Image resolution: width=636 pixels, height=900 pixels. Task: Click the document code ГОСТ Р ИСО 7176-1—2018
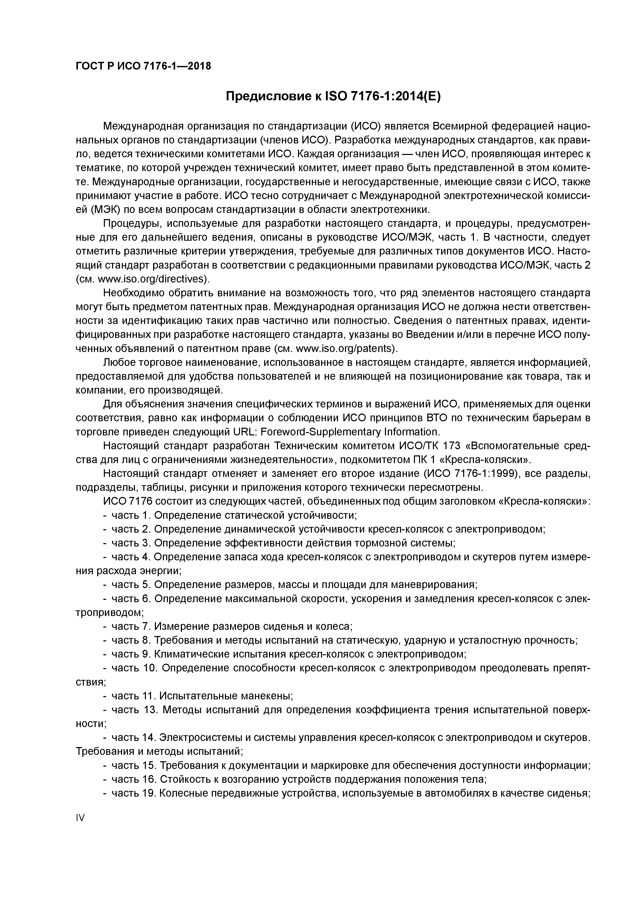pos(143,66)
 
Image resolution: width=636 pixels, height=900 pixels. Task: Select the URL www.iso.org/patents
pos(345,348)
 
